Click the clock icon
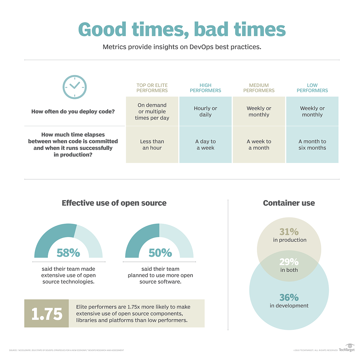pyautogui.click(x=75, y=87)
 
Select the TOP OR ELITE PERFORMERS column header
pyautogui.click(x=152, y=88)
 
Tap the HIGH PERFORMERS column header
pyautogui.click(x=205, y=88)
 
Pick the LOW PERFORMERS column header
pyautogui.click(x=312, y=88)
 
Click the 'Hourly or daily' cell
pyautogui.click(x=205, y=111)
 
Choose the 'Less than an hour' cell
pyautogui.click(x=152, y=145)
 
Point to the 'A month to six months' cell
pyautogui.click(x=312, y=145)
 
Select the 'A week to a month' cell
pyautogui.click(x=259, y=145)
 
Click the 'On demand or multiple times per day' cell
pyautogui.click(x=152, y=111)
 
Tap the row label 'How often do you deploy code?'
pyautogui.click(x=73, y=112)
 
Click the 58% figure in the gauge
pyautogui.click(x=68, y=253)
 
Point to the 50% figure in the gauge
pyautogui.click(x=160, y=253)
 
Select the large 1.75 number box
pyautogui.click(x=47, y=314)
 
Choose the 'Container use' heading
pyautogui.click(x=289, y=203)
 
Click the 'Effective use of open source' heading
pyautogui.click(x=114, y=203)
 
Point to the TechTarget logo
pyautogui.click(x=347, y=348)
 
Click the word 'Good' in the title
pyautogui.click(x=102, y=29)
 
